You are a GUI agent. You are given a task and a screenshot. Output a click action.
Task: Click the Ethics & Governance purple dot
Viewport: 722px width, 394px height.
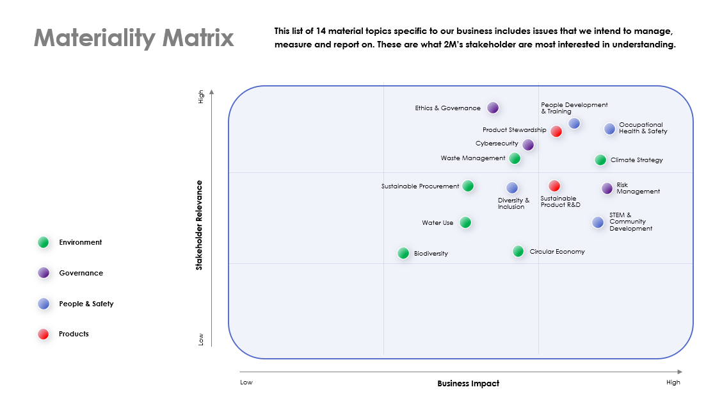[493, 108]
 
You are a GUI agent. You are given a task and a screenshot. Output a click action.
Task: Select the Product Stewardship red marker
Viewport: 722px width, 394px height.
[556, 131]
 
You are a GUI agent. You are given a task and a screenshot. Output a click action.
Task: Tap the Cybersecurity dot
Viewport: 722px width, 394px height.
[528, 145]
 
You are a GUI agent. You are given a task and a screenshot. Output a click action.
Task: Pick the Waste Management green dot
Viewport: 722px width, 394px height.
[515, 158]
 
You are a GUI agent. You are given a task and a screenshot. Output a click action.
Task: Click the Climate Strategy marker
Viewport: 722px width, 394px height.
[600, 160]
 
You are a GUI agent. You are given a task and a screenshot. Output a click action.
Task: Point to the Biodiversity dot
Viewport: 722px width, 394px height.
[403, 253]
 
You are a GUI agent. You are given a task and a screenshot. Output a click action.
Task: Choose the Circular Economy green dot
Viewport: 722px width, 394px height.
[518, 251]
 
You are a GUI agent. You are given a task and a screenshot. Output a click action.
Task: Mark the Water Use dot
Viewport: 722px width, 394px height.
[465, 222]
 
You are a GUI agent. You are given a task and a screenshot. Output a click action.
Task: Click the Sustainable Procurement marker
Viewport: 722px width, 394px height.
[468, 186]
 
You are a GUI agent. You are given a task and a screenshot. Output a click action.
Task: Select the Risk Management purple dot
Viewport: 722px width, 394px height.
[607, 188]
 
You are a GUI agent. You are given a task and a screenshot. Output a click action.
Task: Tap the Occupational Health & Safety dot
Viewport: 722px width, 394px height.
[609, 129]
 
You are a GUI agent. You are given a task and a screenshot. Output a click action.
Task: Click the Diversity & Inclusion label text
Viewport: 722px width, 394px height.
[513, 204]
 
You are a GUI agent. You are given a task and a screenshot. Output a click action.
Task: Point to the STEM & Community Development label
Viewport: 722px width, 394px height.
[631, 222]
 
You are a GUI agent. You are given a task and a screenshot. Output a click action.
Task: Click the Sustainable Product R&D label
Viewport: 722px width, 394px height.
[560, 202]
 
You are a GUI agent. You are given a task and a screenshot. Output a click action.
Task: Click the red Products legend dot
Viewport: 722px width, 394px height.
[44, 334]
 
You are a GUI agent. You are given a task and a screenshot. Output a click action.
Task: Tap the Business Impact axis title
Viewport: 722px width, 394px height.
[469, 383]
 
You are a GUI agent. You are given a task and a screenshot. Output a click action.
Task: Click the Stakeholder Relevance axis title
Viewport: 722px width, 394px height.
[199, 225]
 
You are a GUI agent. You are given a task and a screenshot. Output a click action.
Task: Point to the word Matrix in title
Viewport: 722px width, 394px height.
[198, 38]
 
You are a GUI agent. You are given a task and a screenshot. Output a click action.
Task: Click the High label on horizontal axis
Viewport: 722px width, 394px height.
[673, 382]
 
